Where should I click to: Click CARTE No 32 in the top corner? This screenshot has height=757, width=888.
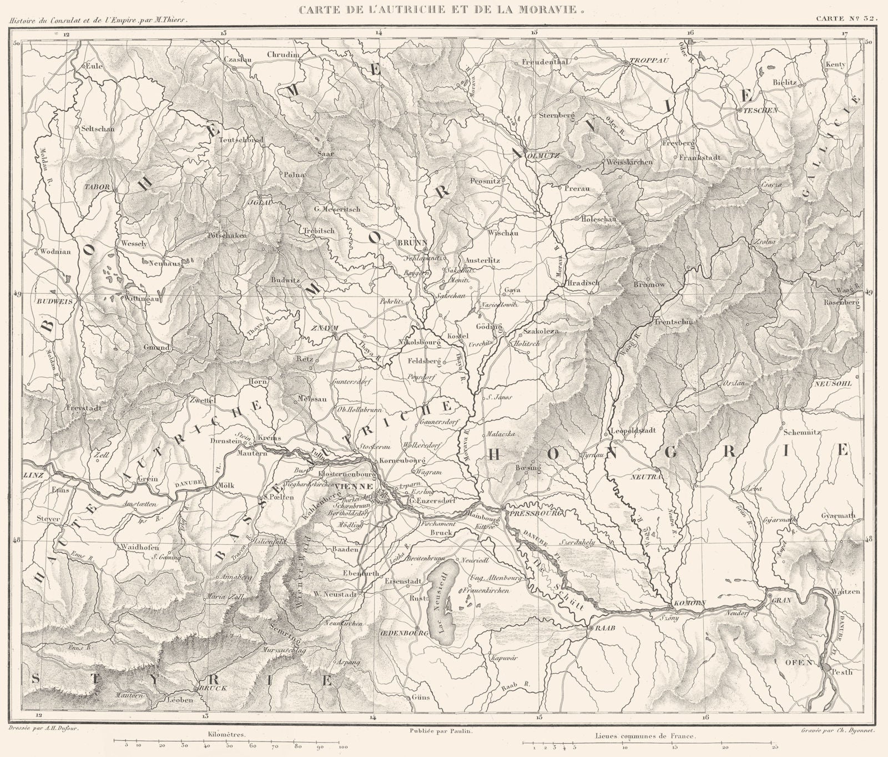coord(846,18)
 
